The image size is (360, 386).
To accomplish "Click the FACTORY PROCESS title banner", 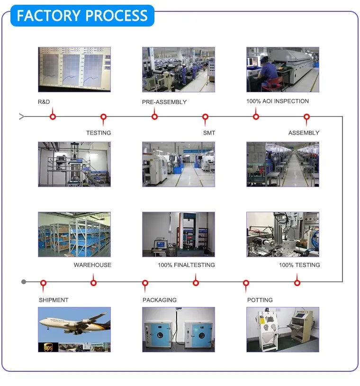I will pyautogui.click(x=82, y=16).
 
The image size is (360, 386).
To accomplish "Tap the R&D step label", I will pyautogui.click(x=44, y=102).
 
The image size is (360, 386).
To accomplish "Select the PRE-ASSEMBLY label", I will pyautogui.click(x=164, y=102).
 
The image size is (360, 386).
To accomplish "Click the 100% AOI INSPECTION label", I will pyautogui.click(x=278, y=101).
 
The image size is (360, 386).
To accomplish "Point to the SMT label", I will pyautogui.click(x=209, y=133).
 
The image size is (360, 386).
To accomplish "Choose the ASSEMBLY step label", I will pyautogui.click(x=304, y=133).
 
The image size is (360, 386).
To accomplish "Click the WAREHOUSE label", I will pyautogui.click(x=92, y=265).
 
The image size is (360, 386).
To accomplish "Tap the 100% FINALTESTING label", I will pyautogui.click(x=186, y=265).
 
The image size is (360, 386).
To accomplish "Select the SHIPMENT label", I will pyautogui.click(x=54, y=300).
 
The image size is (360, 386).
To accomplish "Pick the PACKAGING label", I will pyautogui.click(x=160, y=300).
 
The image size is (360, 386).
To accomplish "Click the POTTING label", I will pyautogui.click(x=260, y=300).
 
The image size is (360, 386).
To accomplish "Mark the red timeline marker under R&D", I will pyautogui.click(x=53, y=117).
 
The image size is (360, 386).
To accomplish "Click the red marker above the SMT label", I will pyautogui.click(x=205, y=117).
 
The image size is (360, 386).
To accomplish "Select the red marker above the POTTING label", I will pyautogui.click(x=246, y=283).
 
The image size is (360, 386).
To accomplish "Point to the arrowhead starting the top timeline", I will pyautogui.click(x=21, y=117).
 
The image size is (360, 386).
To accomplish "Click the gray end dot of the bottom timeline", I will pyautogui.click(x=24, y=282).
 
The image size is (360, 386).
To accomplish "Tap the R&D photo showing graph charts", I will pyautogui.click(x=74, y=69).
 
